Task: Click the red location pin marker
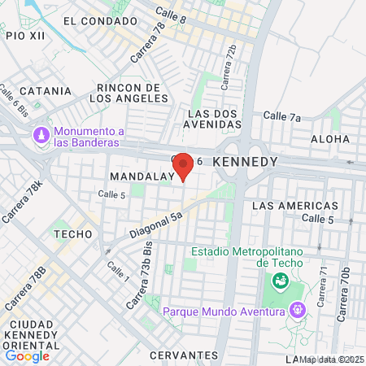[x=184, y=166]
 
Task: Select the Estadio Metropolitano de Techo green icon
[x=281, y=281]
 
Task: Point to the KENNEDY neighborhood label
[x=245, y=163]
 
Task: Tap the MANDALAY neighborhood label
[x=142, y=176]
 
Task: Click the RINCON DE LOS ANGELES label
[x=127, y=93]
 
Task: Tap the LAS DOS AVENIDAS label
[x=215, y=119]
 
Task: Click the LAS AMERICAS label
[x=295, y=206]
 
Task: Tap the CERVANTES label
[x=185, y=355]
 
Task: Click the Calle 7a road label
[x=283, y=117]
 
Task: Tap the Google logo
[x=27, y=355]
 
